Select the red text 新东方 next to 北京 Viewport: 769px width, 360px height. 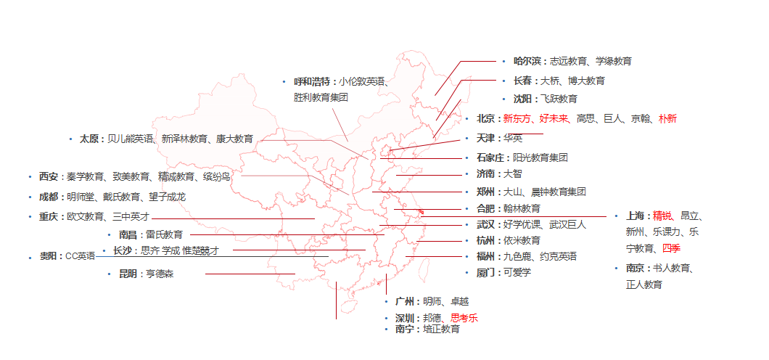click(517, 118)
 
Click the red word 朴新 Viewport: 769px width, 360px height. click(667, 118)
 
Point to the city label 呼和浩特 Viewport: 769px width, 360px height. click(313, 81)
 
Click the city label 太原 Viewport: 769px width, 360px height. click(91, 138)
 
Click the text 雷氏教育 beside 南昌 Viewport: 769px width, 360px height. click(164, 234)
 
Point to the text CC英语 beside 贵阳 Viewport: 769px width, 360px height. click(81, 255)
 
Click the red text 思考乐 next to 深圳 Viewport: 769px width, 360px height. click(464, 317)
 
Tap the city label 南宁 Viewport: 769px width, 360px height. click(406, 329)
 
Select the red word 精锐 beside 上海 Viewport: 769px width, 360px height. click(662, 216)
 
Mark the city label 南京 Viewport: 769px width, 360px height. click(637, 269)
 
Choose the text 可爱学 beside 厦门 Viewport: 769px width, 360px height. click(517, 272)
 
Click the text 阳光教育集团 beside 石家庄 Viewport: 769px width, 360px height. click(540, 157)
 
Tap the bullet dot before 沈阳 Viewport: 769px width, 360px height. click(504, 98)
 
